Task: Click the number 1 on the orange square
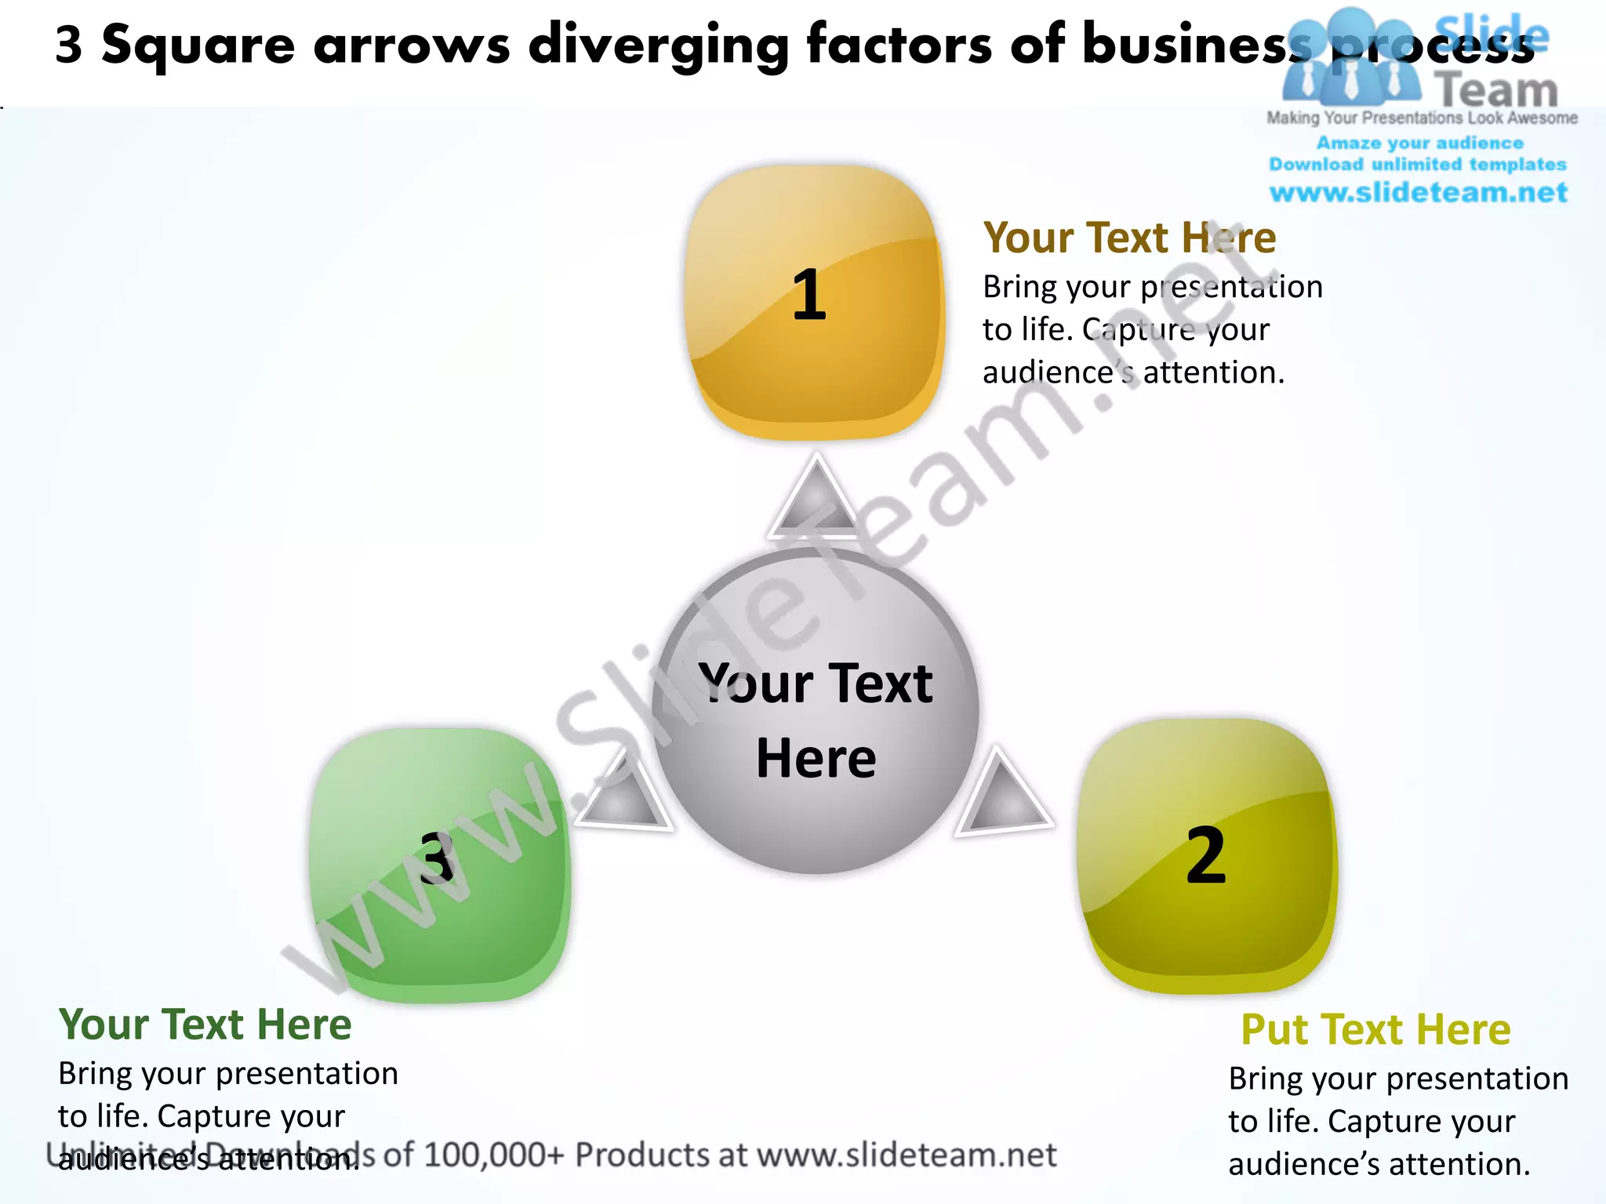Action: pyautogui.click(x=809, y=296)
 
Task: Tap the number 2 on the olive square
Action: pyautogui.click(x=1205, y=856)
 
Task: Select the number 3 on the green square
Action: pyautogui.click(x=437, y=858)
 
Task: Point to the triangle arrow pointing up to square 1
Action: pyautogui.click(x=816, y=501)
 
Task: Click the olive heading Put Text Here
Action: pyautogui.click(x=1375, y=1029)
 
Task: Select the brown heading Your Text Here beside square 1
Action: pyautogui.click(x=1129, y=238)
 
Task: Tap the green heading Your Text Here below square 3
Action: pyautogui.click(x=205, y=1024)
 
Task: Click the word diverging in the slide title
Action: pyautogui.click(x=657, y=45)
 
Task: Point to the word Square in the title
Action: pyautogui.click(x=198, y=45)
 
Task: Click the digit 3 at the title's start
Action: pyautogui.click(x=69, y=45)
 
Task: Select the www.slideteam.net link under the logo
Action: pyautogui.click(x=1418, y=192)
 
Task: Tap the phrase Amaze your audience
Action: pyautogui.click(x=1419, y=143)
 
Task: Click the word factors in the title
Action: pyautogui.click(x=898, y=44)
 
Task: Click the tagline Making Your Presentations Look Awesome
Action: pyautogui.click(x=1422, y=118)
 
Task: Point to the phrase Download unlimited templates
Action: pyautogui.click(x=1418, y=165)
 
